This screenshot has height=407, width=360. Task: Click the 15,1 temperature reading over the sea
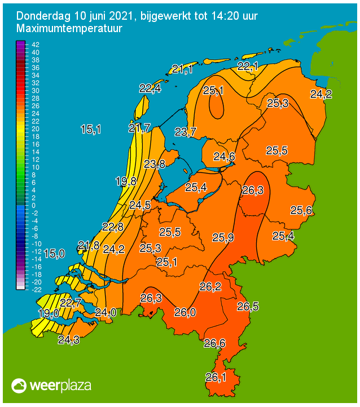coord(91,130)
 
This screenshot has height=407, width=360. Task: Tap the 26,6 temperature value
coord(215,343)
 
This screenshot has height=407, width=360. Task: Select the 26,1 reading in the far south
coord(215,377)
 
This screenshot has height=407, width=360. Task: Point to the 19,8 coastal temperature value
coord(126,182)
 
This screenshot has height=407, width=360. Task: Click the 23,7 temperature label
coord(185,132)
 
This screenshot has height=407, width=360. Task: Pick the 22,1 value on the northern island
coord(248,67)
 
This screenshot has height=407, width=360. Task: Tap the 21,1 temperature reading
coord(182,69)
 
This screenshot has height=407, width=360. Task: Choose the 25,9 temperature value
coord(223,237)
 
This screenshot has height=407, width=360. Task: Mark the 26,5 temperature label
coord(248,307)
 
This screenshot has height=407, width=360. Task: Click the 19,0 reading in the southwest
coord(48,313)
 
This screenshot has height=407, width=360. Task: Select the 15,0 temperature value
coord(54,254)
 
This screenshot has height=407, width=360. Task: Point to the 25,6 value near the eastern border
coord(302,210)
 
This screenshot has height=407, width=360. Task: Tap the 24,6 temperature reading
coord(224,157)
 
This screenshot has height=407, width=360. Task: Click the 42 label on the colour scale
coord(35,45)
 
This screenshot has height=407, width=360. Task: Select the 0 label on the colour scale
coord(33,205)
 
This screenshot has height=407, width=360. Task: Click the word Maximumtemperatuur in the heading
coord(69,28)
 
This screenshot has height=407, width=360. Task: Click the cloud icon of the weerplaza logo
coord(19,386)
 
